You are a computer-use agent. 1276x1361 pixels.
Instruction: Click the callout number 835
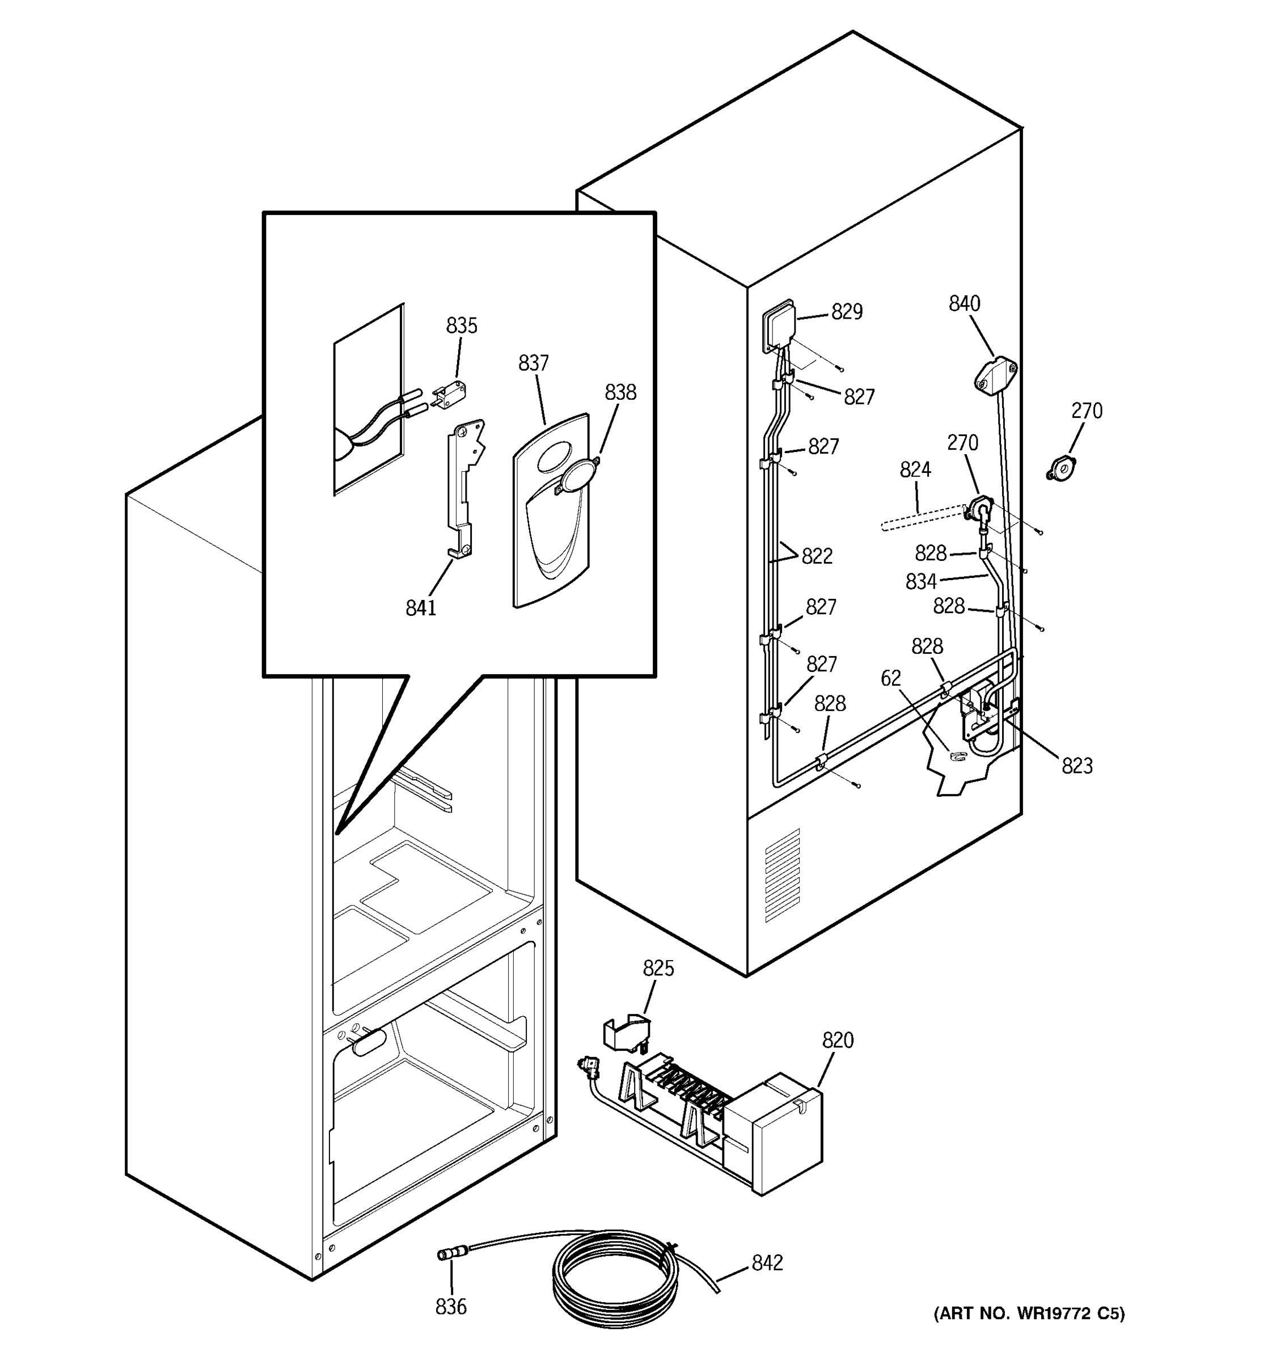(x=462, y=326)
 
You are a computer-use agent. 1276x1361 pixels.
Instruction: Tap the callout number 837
(x=533, y=363)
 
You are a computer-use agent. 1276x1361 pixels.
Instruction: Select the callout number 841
(x=420, y=608)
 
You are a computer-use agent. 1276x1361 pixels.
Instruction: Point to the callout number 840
(x=964, y=303)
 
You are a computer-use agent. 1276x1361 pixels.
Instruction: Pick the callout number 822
(x=817, y=556)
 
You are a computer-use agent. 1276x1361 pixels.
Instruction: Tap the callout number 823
(x=1077, y=766)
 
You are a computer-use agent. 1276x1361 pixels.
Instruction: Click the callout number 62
(x=890, y=678)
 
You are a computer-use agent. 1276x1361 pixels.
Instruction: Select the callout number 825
(x=658, y=968)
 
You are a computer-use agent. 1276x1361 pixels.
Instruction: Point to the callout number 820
(x=838, y=1040)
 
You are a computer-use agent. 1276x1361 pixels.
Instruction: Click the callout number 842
(x=767, y=1262)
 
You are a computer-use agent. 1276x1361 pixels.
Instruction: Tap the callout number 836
(x=450, y=1307)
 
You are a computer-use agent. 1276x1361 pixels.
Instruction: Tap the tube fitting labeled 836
(x=449, y=1255)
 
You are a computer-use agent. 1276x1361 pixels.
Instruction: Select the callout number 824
(x=915, y=470)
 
